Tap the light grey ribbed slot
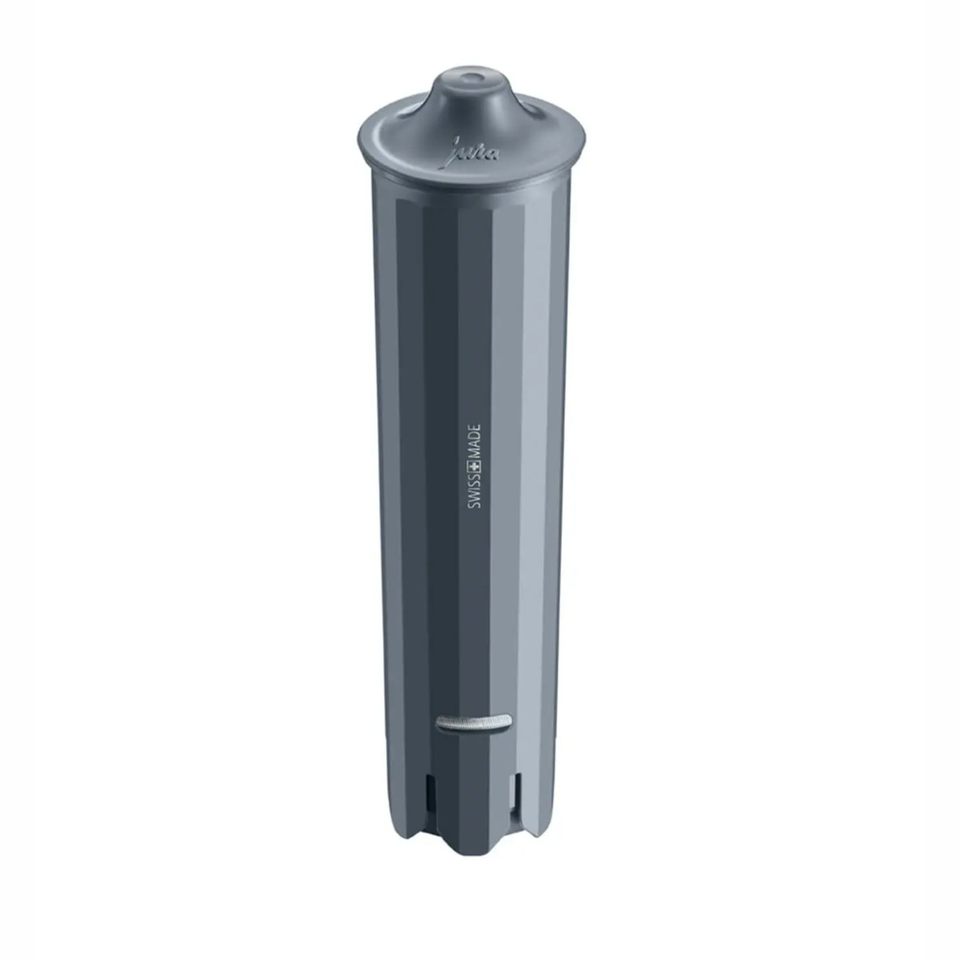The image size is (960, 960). [x=474, y=735]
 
